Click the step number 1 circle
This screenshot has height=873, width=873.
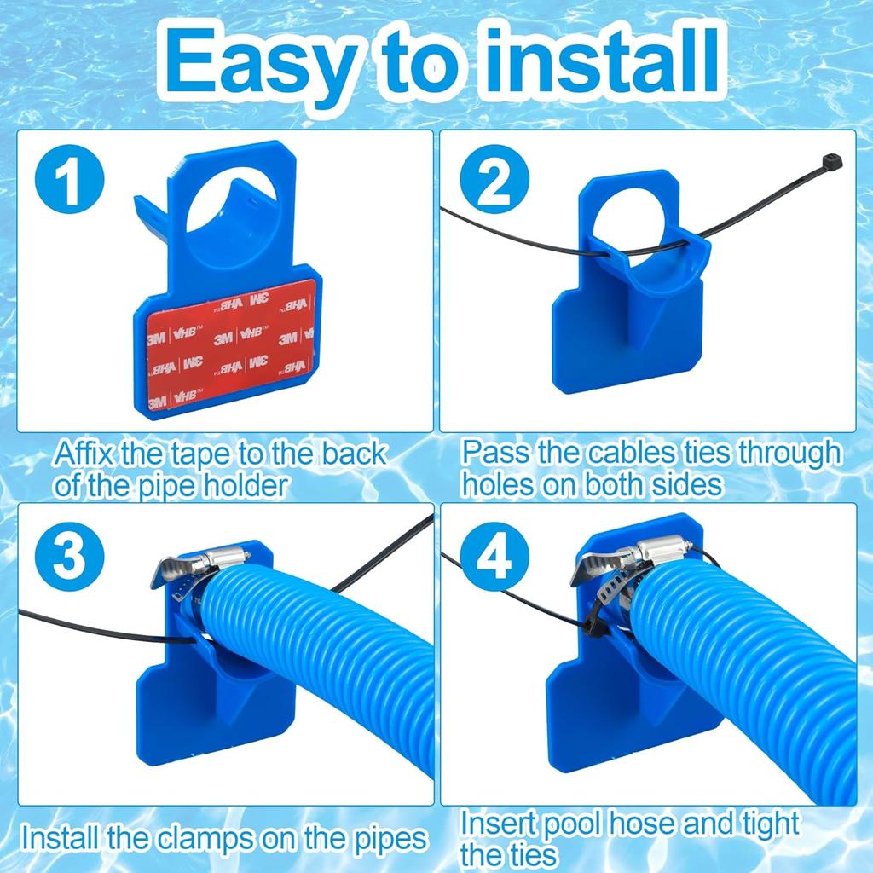tap(70, 182)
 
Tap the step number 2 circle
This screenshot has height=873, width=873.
tap(494, 183)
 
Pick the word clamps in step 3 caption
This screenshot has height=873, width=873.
tap(200, 837)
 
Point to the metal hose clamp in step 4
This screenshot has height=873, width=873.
tap(633, 558)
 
